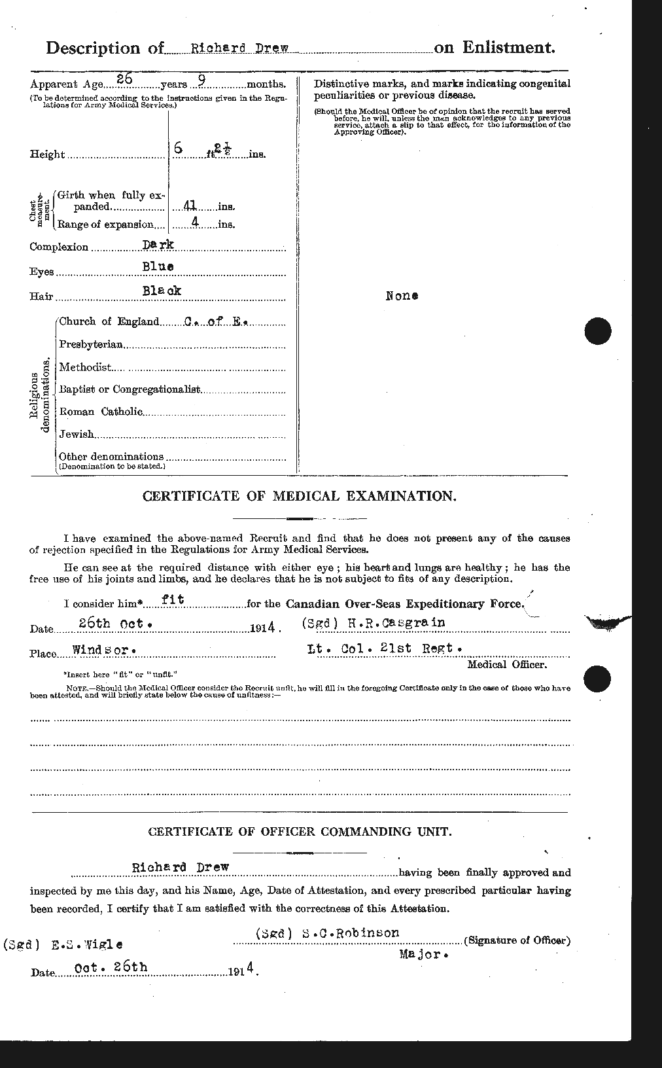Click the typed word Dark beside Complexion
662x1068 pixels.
[x=159, y=244]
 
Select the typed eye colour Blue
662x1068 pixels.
[x=158, y=266]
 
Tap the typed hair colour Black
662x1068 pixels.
[x=162, y=290]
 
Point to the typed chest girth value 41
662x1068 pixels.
[x=191, y=205]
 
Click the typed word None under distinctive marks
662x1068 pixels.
[x=402, y=296]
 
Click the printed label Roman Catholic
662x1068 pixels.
[x=100, y=412]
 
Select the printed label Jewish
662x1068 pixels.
[x=77, y=434]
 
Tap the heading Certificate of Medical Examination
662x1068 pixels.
[x=300, y=497]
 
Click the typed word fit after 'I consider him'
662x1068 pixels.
[x=171, y=599]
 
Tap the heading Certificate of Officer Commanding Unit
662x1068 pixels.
[x=299, y=832]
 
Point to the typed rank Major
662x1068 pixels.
[x=423, y=955]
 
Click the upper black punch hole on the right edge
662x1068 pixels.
[x=598, y=331]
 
